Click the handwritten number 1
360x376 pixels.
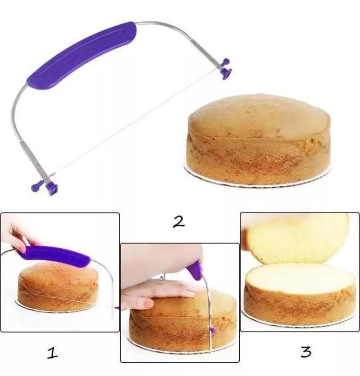point(52,354)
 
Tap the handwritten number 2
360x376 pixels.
point(179,222)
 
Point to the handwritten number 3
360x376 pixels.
point(306,352)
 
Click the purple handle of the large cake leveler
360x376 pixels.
point(81,55)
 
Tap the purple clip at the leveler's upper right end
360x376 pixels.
point(226,69)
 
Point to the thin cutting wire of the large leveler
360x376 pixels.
point(137,122)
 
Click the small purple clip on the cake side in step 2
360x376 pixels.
point(212,331)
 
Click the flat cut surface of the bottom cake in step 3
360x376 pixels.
point(299,278)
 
